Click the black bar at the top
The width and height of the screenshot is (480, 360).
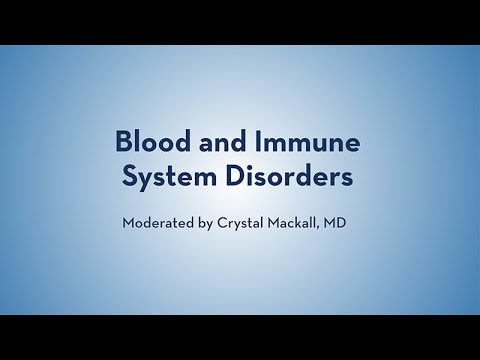(240, 21)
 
